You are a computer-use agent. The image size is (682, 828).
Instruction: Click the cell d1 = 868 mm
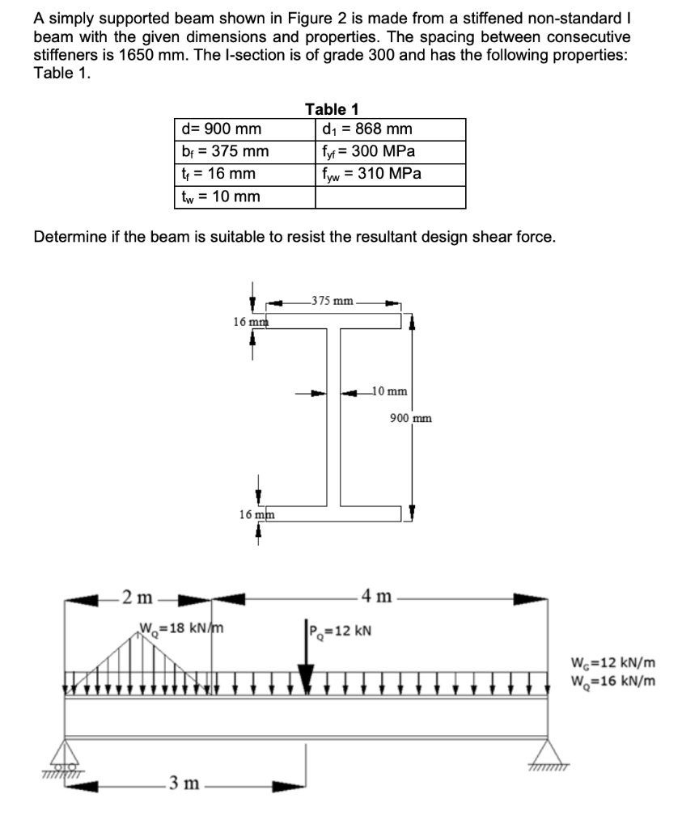[x=366, y=129]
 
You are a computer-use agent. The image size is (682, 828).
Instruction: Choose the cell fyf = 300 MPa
[x=368, y=151]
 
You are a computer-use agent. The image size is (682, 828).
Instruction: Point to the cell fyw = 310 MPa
[x=371, y=173]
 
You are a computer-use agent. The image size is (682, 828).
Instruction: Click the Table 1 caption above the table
[x=332, y=108]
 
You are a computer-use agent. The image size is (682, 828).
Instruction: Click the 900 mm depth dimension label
[x=410, y=418]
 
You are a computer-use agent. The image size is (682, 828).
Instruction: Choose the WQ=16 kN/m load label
[x=612, y=680]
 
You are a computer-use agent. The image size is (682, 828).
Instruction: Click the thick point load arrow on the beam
[x=307, y=675]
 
